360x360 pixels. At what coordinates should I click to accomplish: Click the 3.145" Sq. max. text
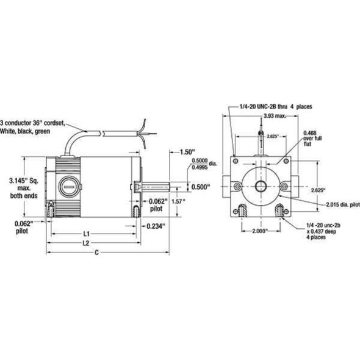point(23,187)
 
